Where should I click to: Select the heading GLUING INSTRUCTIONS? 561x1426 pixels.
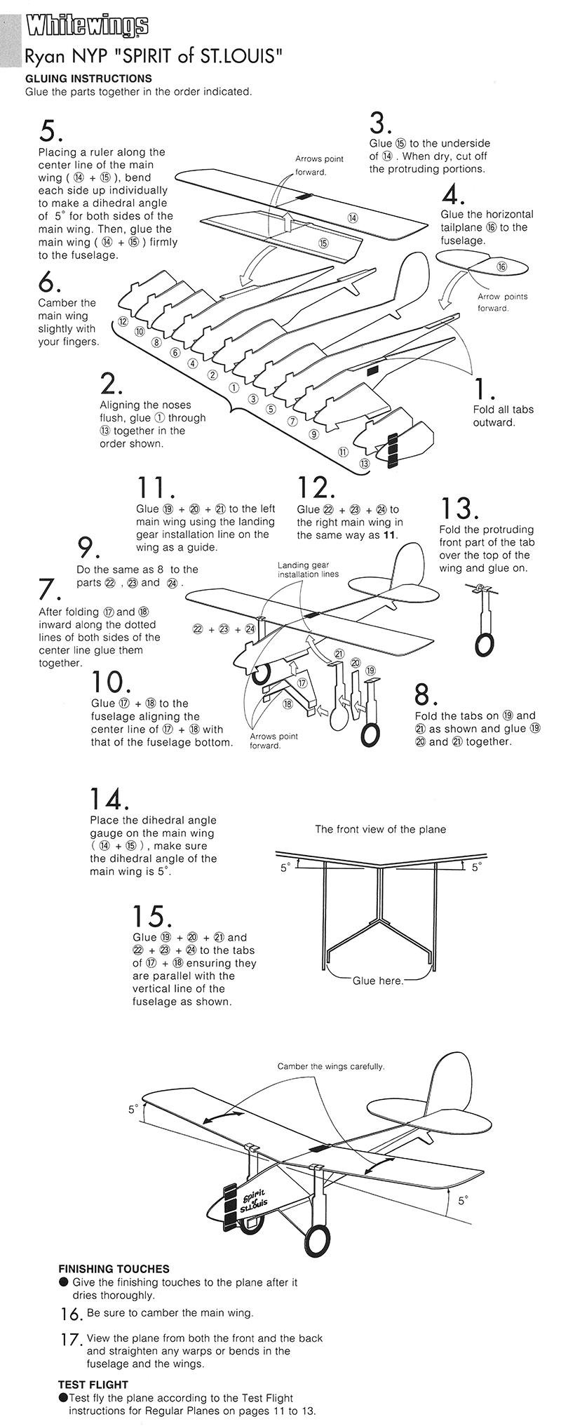[88, 79]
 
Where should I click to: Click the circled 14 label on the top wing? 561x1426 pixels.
[353, 218]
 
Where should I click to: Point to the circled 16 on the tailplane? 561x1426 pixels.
[501, 267]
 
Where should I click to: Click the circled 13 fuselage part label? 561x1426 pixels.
[364, 464]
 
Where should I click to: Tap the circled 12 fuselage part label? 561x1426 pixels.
[123, 322]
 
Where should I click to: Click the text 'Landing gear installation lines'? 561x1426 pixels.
[308, 569]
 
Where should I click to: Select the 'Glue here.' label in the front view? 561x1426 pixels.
[378, 981]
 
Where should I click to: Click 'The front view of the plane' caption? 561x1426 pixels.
[380, 829]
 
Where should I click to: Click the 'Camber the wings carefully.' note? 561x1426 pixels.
[330, 1066]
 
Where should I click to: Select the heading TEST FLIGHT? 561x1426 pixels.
[93, 1385]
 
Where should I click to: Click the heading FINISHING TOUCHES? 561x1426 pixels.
[114, 1269]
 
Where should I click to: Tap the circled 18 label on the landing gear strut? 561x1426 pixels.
[287, 704]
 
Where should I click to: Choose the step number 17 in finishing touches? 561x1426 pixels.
[70, 1340]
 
